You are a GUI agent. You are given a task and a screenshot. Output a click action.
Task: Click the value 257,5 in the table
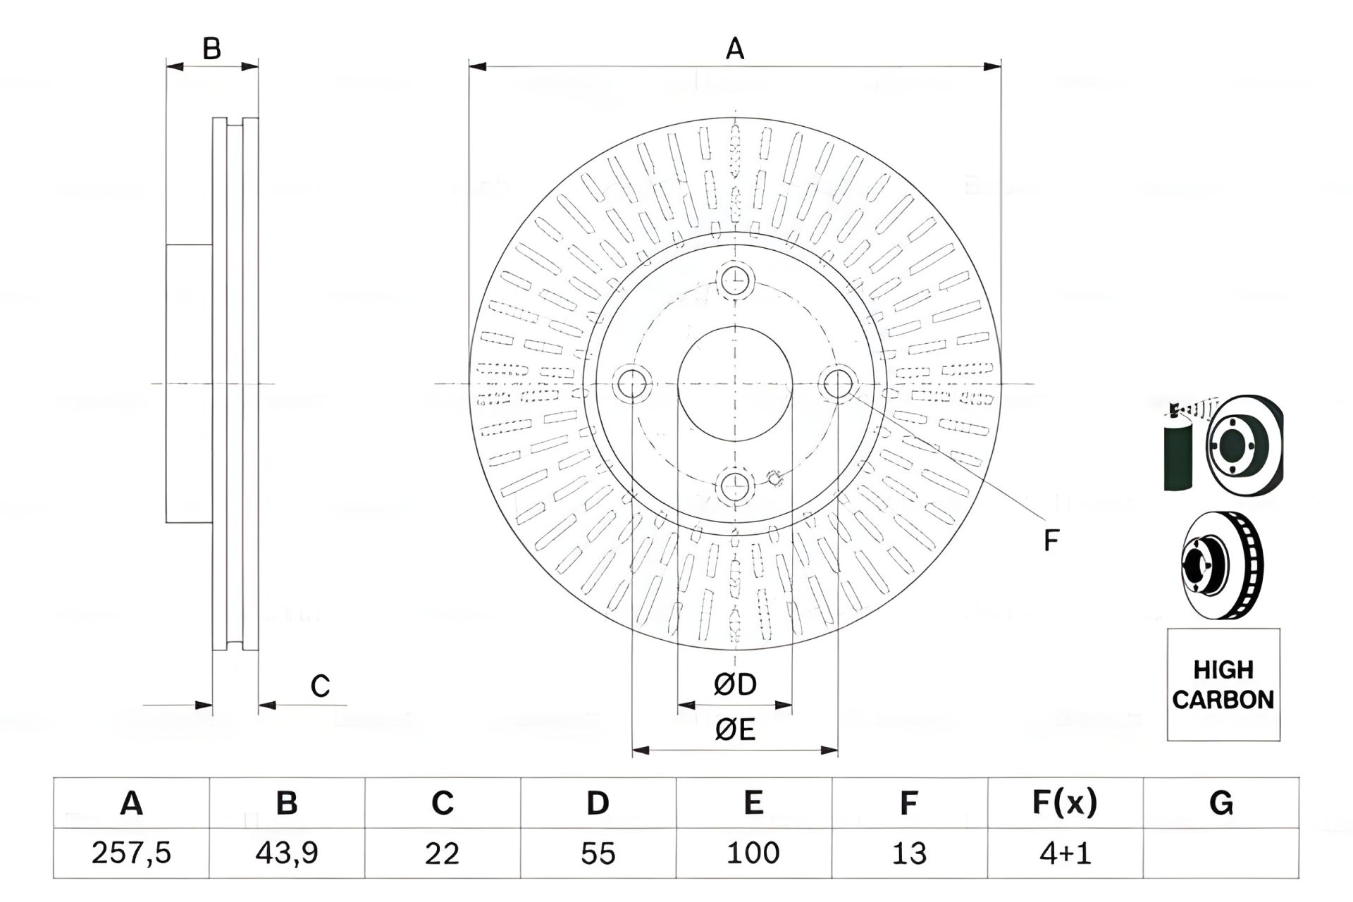131,853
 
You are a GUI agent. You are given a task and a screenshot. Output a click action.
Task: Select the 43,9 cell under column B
287,853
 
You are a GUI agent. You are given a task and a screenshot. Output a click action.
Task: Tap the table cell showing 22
442,853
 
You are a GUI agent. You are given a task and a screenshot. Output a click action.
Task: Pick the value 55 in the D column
598,853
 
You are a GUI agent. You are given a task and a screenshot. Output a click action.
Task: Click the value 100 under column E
753,853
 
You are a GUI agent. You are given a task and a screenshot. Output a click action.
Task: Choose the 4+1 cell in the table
1065,853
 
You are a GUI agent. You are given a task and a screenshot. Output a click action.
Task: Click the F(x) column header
1065,803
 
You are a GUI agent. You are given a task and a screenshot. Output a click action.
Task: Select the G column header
1221,803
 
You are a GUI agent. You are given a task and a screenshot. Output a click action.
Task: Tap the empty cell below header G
1221,853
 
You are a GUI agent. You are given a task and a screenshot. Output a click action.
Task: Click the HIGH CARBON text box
1223,684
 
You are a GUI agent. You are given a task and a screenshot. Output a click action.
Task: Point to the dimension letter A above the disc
734,49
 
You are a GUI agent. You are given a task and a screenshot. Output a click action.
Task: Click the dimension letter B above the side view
211,49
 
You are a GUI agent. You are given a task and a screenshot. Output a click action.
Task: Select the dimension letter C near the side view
320,686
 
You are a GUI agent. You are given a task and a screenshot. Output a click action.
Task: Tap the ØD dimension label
734,684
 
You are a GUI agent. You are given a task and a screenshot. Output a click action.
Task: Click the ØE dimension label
734,729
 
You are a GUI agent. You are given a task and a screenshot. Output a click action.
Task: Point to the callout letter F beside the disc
1051,540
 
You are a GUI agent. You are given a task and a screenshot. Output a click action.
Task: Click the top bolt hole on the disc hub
736,281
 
